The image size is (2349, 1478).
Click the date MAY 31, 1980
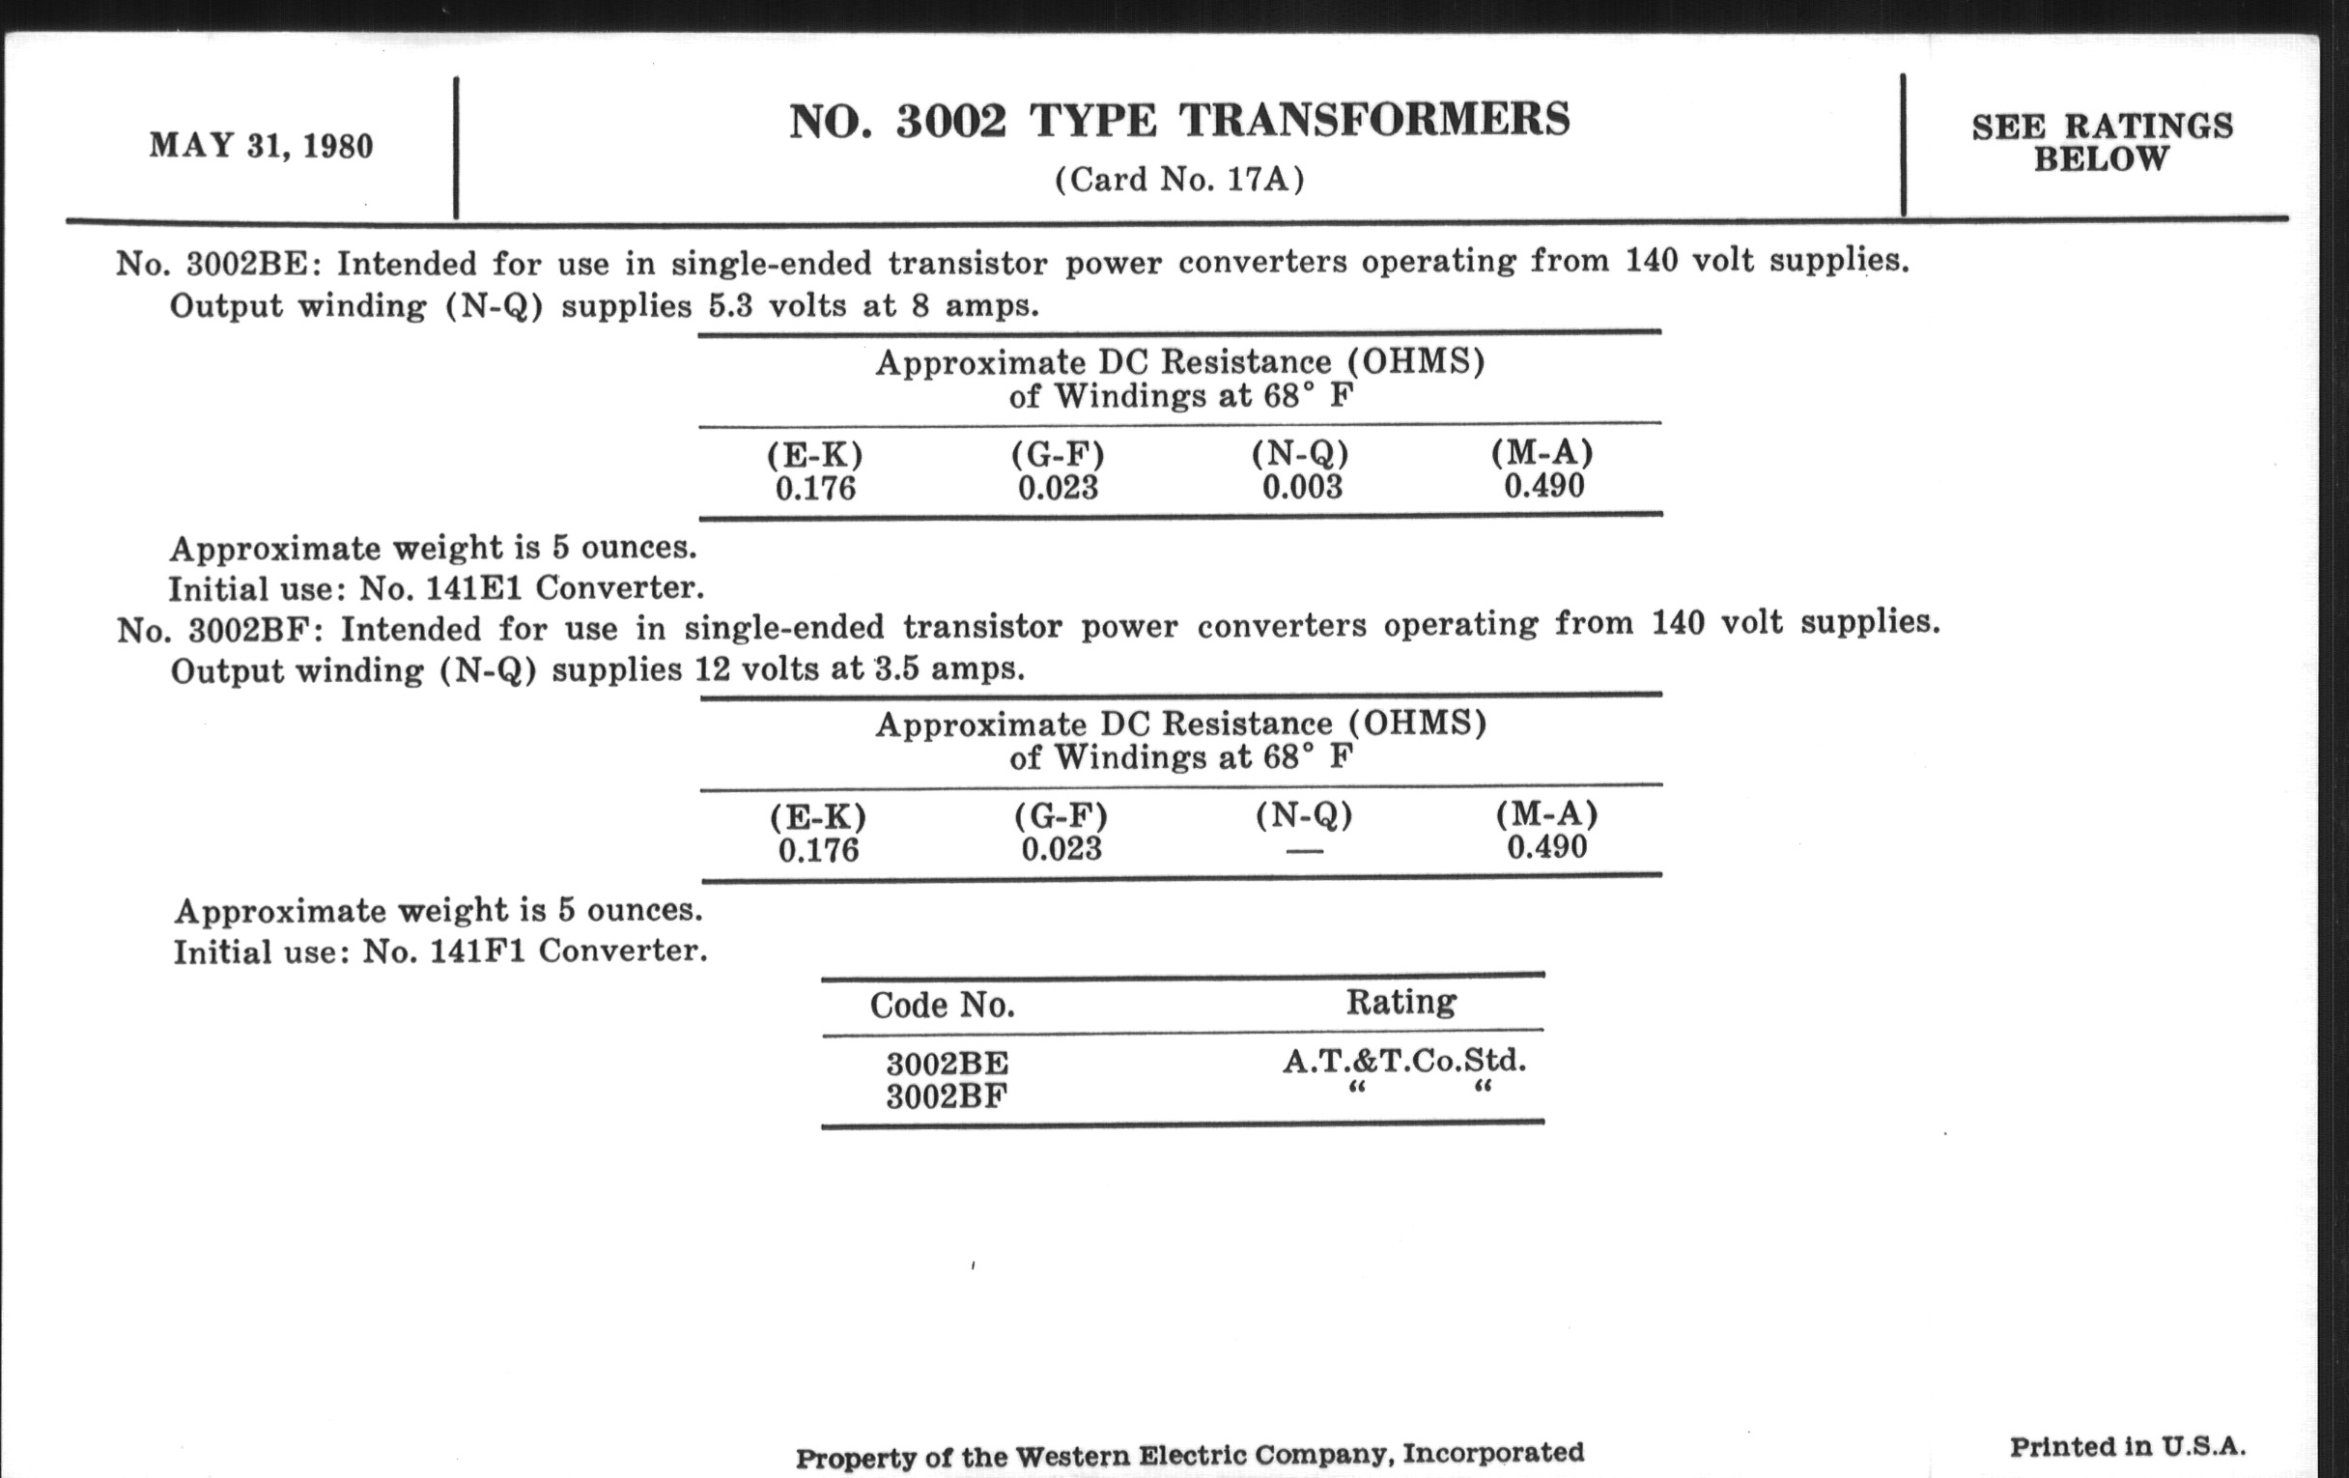(x=262, y=146)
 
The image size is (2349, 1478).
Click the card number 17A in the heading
(x=1258, y=180)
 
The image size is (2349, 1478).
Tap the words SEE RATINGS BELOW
(x=2101, y=142)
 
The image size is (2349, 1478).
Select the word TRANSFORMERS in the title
(x=1374, y=121)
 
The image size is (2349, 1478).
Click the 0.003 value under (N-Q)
(x=1302, y=487)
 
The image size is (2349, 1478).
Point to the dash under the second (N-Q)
(x=1304, y=852)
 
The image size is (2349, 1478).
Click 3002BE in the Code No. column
(x=948, y=1063)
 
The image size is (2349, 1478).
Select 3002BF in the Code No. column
(x=948, y=1097)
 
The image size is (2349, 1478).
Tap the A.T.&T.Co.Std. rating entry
(x=1403, y=1061)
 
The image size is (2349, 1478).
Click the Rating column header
(x=1401, y=1002)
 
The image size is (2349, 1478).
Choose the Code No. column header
(x=943, y=1005)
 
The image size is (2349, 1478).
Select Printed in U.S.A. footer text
(x=2128, y=1446)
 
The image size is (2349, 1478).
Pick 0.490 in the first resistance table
(x=1543, y=486)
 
